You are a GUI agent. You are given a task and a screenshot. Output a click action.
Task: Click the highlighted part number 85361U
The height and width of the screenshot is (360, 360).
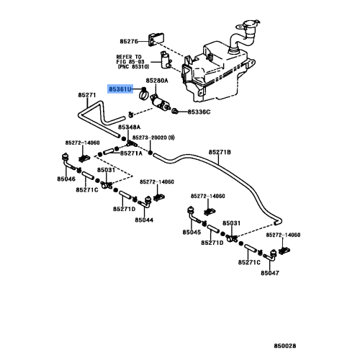pyautogui.click(x=120, y=89)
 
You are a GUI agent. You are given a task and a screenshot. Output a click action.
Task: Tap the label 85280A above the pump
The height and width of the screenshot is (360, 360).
pyautogui.click(x=157, y=82)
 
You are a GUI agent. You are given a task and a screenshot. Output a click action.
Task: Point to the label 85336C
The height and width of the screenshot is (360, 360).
pyautogui.click(x=199, y=112)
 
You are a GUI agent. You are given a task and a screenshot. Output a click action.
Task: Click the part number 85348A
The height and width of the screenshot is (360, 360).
pyautogui.click(x=130, y=127)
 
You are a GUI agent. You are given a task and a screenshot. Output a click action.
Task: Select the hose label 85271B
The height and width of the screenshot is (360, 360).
pyautogui.click(x=220, y=152)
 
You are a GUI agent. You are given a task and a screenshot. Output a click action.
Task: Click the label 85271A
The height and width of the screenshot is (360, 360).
pyautogui.click(x=131, y=153)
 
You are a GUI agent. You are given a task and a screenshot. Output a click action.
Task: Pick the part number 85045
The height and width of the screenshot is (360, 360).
pyautogui.click(x=192, y=233)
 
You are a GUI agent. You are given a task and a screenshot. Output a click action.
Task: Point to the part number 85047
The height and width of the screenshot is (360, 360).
pyautogui.click(x=270, y=274)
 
